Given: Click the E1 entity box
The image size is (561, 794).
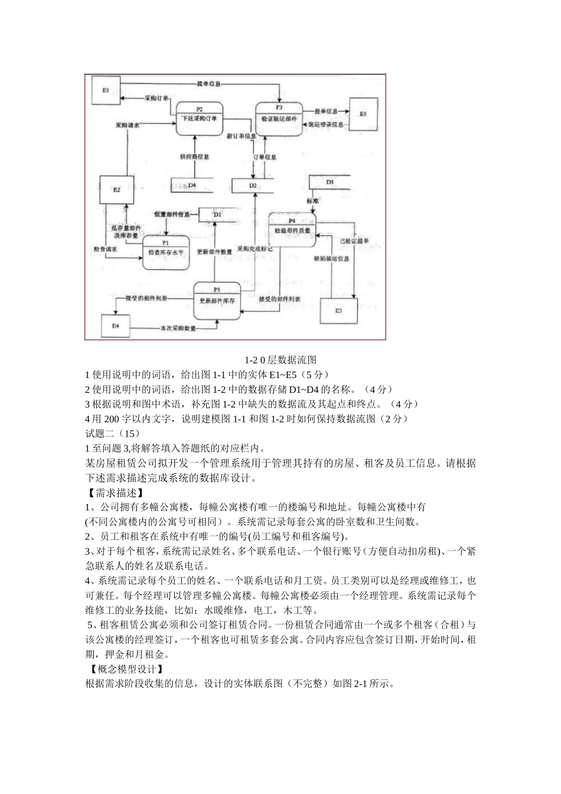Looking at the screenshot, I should (x=105, y=91).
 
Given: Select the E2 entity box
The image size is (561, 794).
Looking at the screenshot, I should (x=117, y=190).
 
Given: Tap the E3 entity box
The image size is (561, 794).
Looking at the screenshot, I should (x=338, y=310).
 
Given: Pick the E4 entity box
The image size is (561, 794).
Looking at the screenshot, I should (x=116, y=326).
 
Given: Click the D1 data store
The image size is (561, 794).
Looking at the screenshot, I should (x=217, y=214).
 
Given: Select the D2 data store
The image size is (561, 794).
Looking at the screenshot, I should (x=253, y=186).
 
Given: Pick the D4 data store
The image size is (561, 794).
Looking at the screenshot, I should (x=192, y=185).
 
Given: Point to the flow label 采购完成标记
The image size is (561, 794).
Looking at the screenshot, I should (x=255, y=249).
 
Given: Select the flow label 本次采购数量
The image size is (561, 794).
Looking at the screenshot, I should (x=178, y=328).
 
